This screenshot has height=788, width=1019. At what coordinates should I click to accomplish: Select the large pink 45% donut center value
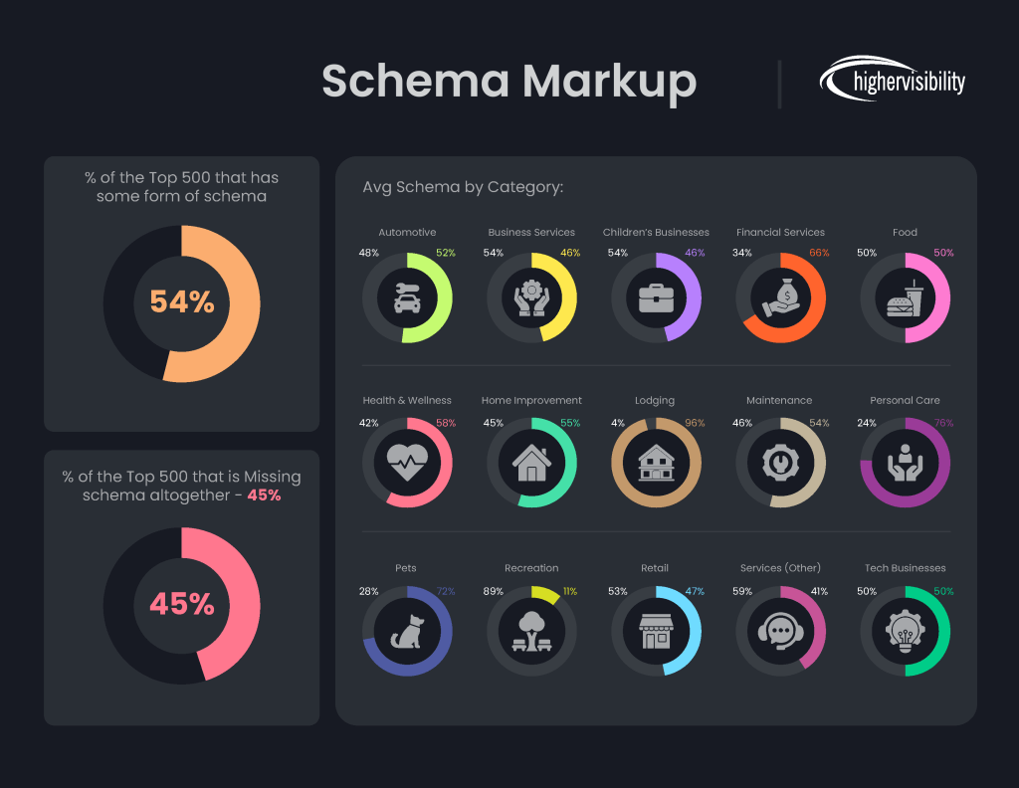coord(182,604)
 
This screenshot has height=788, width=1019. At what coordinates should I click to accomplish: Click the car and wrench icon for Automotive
coord(407,297)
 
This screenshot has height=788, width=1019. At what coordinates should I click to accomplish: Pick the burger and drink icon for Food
coord(905,297)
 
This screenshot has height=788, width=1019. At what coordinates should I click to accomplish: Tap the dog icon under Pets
coord(407,632)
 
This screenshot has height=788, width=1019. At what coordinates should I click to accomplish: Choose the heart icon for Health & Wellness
coord(407,464)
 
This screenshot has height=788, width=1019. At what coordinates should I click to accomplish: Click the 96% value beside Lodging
coord(694,423)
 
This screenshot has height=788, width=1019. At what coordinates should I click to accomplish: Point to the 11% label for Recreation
coord(570,591)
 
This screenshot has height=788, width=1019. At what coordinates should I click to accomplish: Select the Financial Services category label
coord(780,233)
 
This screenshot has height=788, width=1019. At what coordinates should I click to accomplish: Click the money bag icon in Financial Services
coord(780,297)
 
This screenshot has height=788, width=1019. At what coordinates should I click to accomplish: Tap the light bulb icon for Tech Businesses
coord(905,632)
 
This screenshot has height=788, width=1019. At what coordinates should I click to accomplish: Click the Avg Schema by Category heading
coord(463,187)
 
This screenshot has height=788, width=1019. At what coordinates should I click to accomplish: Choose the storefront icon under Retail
coord(656,632)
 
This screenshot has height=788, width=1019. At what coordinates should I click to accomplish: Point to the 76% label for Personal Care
coord(943,423)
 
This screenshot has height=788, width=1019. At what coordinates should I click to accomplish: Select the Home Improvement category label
coord(531,400)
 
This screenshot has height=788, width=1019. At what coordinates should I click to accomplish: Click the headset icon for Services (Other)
coord(780,632)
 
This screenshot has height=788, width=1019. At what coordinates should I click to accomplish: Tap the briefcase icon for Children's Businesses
coord(656,297)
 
